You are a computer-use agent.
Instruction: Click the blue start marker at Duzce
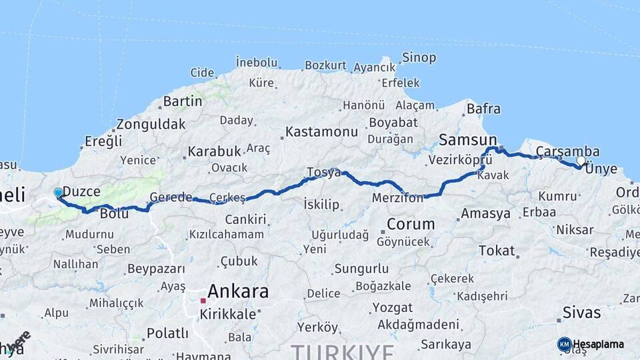pyautogui.click(x=58, y=193)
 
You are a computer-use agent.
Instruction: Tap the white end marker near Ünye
pyautogui.click(x=581, y=161)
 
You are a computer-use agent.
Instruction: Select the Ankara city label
pyautogui.click(x=238, y=291)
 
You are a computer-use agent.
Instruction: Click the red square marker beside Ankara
pyautogui.click(x=203, y=301)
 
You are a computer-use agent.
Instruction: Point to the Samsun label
pyautogui.click(x=464, y=139)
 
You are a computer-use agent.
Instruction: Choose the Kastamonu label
pyautogui.click(x=321, y=131)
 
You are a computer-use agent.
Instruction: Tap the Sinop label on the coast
pyautogui.click(x=420, y=58)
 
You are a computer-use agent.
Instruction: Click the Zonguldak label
pyautogui.click(x=151, y=124)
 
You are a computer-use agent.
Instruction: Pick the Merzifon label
pyautogui.click(x=397, y=198)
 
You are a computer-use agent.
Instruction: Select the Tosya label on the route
pyautogui.click(x=323, y=173)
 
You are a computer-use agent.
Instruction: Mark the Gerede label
pyautogui.click(x=171, y=197)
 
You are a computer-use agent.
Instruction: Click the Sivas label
pyautogui.click(x=581, y=312)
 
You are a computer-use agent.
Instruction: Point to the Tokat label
pyautogui.click(x=497, y=251)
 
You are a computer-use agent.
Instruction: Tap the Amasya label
pyautogui.click(x=485, y=214)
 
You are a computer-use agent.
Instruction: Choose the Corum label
pyautogui.click(x=411, y=224)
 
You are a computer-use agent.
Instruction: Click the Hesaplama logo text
pyautogui.click(x=599, y=345)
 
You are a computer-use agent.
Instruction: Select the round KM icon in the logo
pyautogui.click(x=564, y=344)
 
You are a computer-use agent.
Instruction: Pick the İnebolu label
pyautogui.click(x=256, y=63)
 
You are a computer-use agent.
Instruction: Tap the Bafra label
pyautogui.click(x=483, y=108)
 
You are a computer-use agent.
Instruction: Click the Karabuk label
pyautogui.click(x=213, y=151)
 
